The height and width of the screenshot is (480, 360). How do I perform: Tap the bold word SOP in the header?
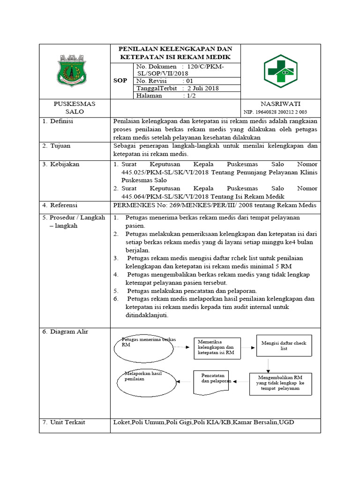pyautogui.click(x=120, y=81)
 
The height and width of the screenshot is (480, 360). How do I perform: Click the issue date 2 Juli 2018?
pyautogui.click(x=203, y=88)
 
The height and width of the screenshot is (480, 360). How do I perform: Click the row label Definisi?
pyautogui.click(x=63, y=121)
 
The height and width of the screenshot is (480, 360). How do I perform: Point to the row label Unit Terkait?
pyautogui.click(x=67, y=422)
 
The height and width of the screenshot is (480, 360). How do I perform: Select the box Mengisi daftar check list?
pyautogui.click(x=284, y=346)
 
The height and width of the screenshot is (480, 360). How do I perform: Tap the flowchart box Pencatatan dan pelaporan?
pyautogui.click(x=213, y=382)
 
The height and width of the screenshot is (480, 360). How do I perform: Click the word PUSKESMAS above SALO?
pyautogui.click(x=75, y=104)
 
